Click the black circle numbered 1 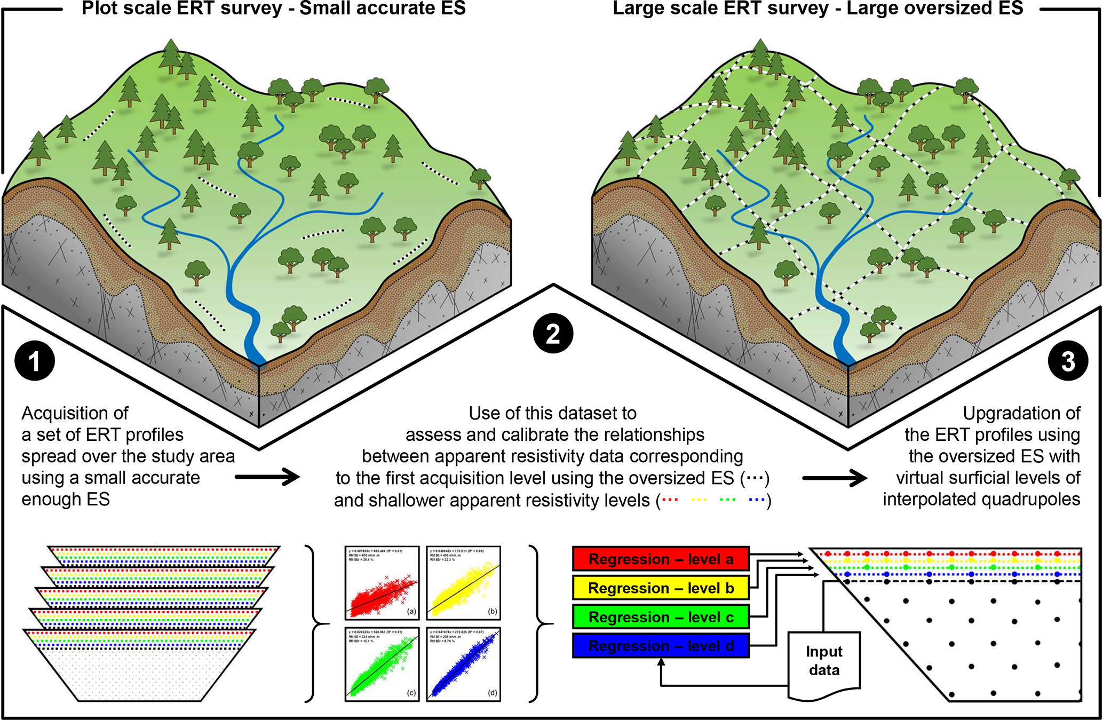click(x=35, y=361)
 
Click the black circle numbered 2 click(x=553, y=334)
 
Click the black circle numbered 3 click(x=1068, y=361)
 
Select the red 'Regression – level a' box click(x=661, y=559)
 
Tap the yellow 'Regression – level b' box click(x=661, y=588)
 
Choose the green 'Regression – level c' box click(x=661, y=616)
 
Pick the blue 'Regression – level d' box click(x=661, y=645)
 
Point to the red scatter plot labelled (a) click(x=382, y=582)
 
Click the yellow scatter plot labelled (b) click(x=463, y=582)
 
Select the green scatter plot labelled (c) click(x=382, y=663)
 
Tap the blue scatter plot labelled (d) click(x=463, y=663)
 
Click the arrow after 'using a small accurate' click(x=267, y=477)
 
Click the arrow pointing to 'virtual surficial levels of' click(x=835, y=478)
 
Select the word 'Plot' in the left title click(x=100, y=8)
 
